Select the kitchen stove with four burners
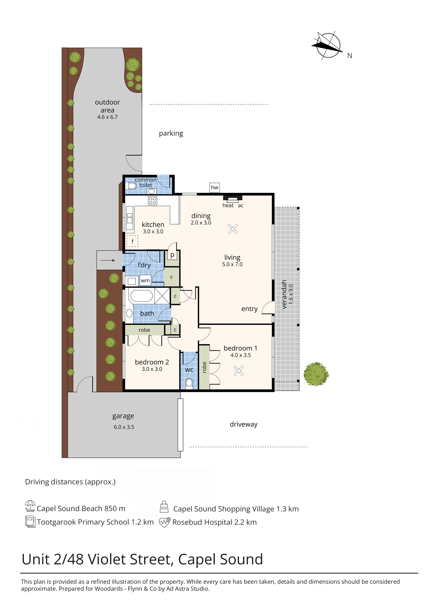coord(153,201)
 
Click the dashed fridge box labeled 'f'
coord(132,241)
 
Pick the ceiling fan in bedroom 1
coord(239,371)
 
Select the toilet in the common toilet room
coord(132,186)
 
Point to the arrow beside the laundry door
coord(108,260)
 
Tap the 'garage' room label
coord(123,416)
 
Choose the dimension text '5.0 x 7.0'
coord(232,264)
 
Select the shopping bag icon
coord(164,507)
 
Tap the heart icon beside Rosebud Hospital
coord(165,522)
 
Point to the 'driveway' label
coord(244,424)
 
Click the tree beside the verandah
coord(316,374)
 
